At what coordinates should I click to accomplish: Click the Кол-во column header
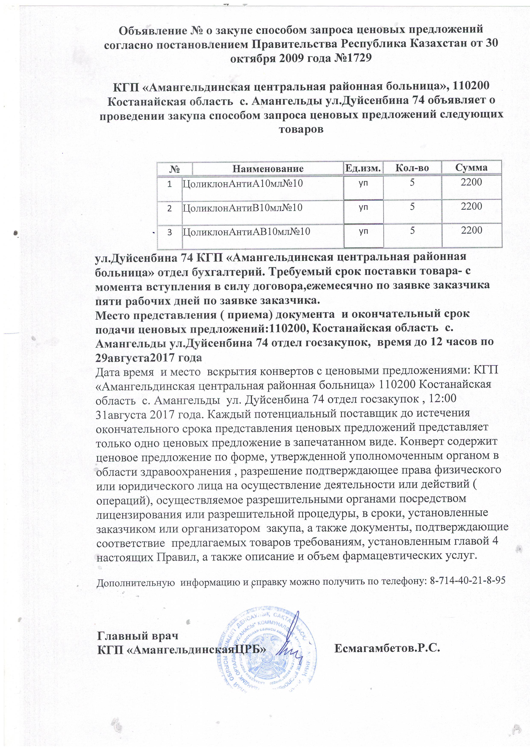(x=412, y=168)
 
